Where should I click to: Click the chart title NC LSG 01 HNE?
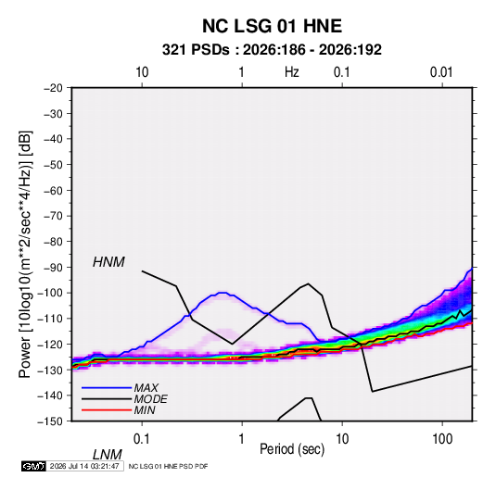(272, 26)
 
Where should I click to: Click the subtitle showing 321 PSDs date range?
(272, 50)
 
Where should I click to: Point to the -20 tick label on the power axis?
(53, 88)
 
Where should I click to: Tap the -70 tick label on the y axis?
(53, 216)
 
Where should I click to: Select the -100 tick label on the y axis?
(51, 293)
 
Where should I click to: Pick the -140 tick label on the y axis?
(51, 396)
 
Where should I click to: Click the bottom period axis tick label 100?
(442, 438)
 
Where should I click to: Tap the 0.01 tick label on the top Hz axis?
(441, 72)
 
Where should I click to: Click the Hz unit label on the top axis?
(292, 72)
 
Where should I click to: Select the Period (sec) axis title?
(292, 449)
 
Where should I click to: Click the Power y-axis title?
(25, 255)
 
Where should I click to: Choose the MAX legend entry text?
(146, 387)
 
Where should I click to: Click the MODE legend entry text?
(150, 399)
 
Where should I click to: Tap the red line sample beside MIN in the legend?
(107, 410)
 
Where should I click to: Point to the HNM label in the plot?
(108, 262)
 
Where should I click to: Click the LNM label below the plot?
(108, 455)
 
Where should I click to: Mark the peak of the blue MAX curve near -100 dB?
(223, 293)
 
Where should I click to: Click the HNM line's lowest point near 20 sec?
(373, 392)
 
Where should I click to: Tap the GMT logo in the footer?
(34, 466)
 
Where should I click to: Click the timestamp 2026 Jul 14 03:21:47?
(84, 466)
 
